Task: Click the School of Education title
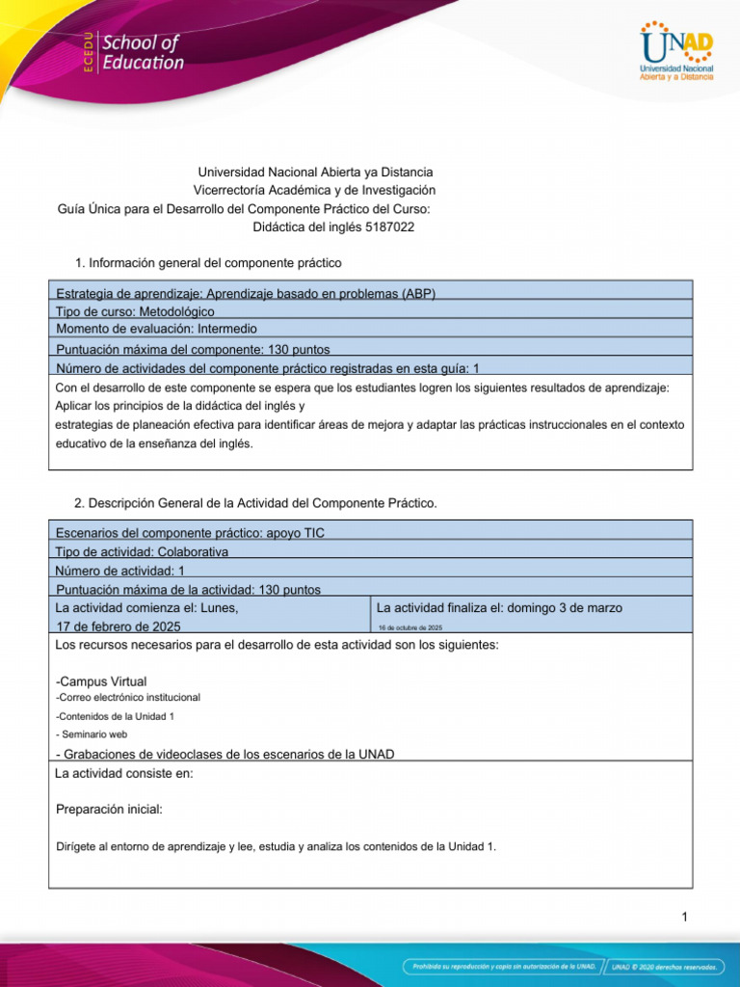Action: [x=142, y=53]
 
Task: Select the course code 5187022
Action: [x=390, y=227]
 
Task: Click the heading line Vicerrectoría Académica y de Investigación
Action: [x=314, y=191]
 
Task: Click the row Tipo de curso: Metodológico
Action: [x=136, y=311]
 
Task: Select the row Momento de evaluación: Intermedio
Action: [x=156, y=329]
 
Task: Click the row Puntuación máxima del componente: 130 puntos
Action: [x=194, y=349]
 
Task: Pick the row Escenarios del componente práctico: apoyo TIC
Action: [x=191, y=533]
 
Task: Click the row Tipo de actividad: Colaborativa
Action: [x=143, y=552]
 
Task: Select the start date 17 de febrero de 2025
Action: [x=119, y=627]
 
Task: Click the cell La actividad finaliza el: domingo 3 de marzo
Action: [x=499, y=608]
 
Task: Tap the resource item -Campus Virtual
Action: [x=102, y=681]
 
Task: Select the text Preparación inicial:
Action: [x=110, y=809]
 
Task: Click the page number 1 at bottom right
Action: [x=684, y=917]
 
